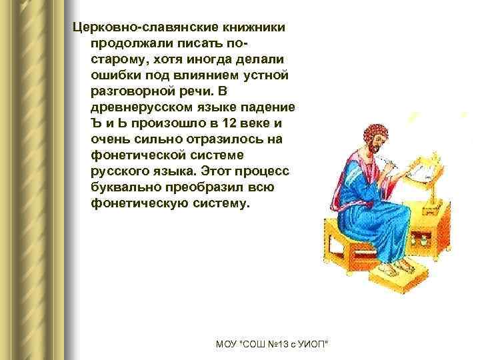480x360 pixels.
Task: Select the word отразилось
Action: click(x=209, y=139)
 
